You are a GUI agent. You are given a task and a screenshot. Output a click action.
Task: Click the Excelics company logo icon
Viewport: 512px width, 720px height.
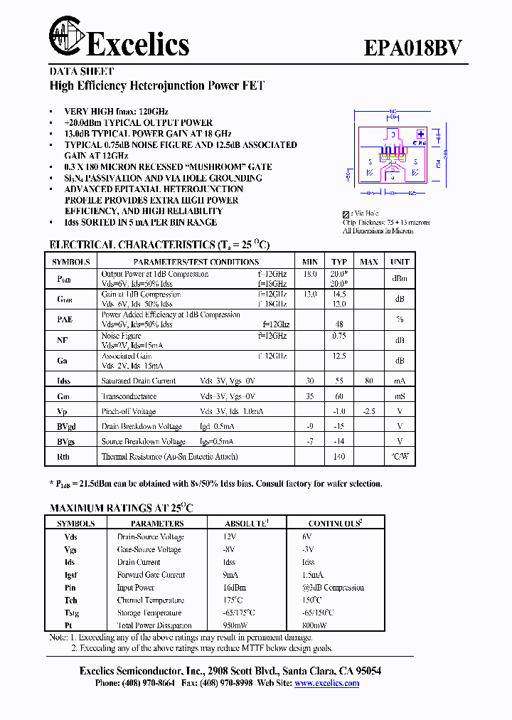66,36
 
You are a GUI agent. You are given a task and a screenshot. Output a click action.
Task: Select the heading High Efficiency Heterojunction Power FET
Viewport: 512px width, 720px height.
156,85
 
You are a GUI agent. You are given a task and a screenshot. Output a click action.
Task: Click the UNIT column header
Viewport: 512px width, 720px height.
400,262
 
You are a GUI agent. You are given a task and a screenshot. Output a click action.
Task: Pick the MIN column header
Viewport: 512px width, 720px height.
310,262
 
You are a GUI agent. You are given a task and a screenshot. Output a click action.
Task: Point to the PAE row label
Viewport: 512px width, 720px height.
65,320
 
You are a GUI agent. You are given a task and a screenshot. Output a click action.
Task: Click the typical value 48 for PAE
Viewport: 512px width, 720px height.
339,324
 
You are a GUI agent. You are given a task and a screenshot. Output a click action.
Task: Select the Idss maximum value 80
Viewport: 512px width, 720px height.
368,381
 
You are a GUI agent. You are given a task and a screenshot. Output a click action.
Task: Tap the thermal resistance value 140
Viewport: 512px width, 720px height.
339,457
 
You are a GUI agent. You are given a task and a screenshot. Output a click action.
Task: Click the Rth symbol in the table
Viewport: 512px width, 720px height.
64,457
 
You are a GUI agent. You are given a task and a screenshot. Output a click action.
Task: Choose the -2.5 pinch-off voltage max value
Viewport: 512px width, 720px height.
368,411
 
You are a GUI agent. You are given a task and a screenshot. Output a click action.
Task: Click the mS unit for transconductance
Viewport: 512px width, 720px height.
400,396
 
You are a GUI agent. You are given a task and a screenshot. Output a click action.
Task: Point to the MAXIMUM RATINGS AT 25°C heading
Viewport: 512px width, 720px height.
121,508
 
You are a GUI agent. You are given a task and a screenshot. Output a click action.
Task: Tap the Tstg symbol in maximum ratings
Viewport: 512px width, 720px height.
71,613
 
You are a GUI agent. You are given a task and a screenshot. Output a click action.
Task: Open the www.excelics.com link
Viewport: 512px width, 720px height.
326,683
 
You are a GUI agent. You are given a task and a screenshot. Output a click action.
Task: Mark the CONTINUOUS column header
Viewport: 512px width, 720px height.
335,524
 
